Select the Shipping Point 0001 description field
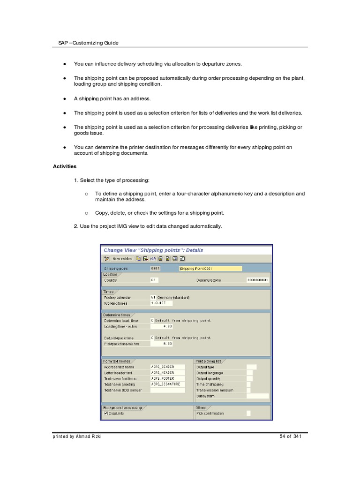point(210,269)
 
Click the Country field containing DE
point(154,280)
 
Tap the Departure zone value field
point(258,280)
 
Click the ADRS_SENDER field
point(167,367)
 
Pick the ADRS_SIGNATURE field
point(167,384)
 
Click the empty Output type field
point(251,367)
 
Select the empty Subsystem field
point(258,396)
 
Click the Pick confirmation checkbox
point(248,413)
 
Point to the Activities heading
point(65,166)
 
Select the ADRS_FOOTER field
point(167,378)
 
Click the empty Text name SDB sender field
point(167,390)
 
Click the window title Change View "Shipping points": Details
point(153,250)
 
